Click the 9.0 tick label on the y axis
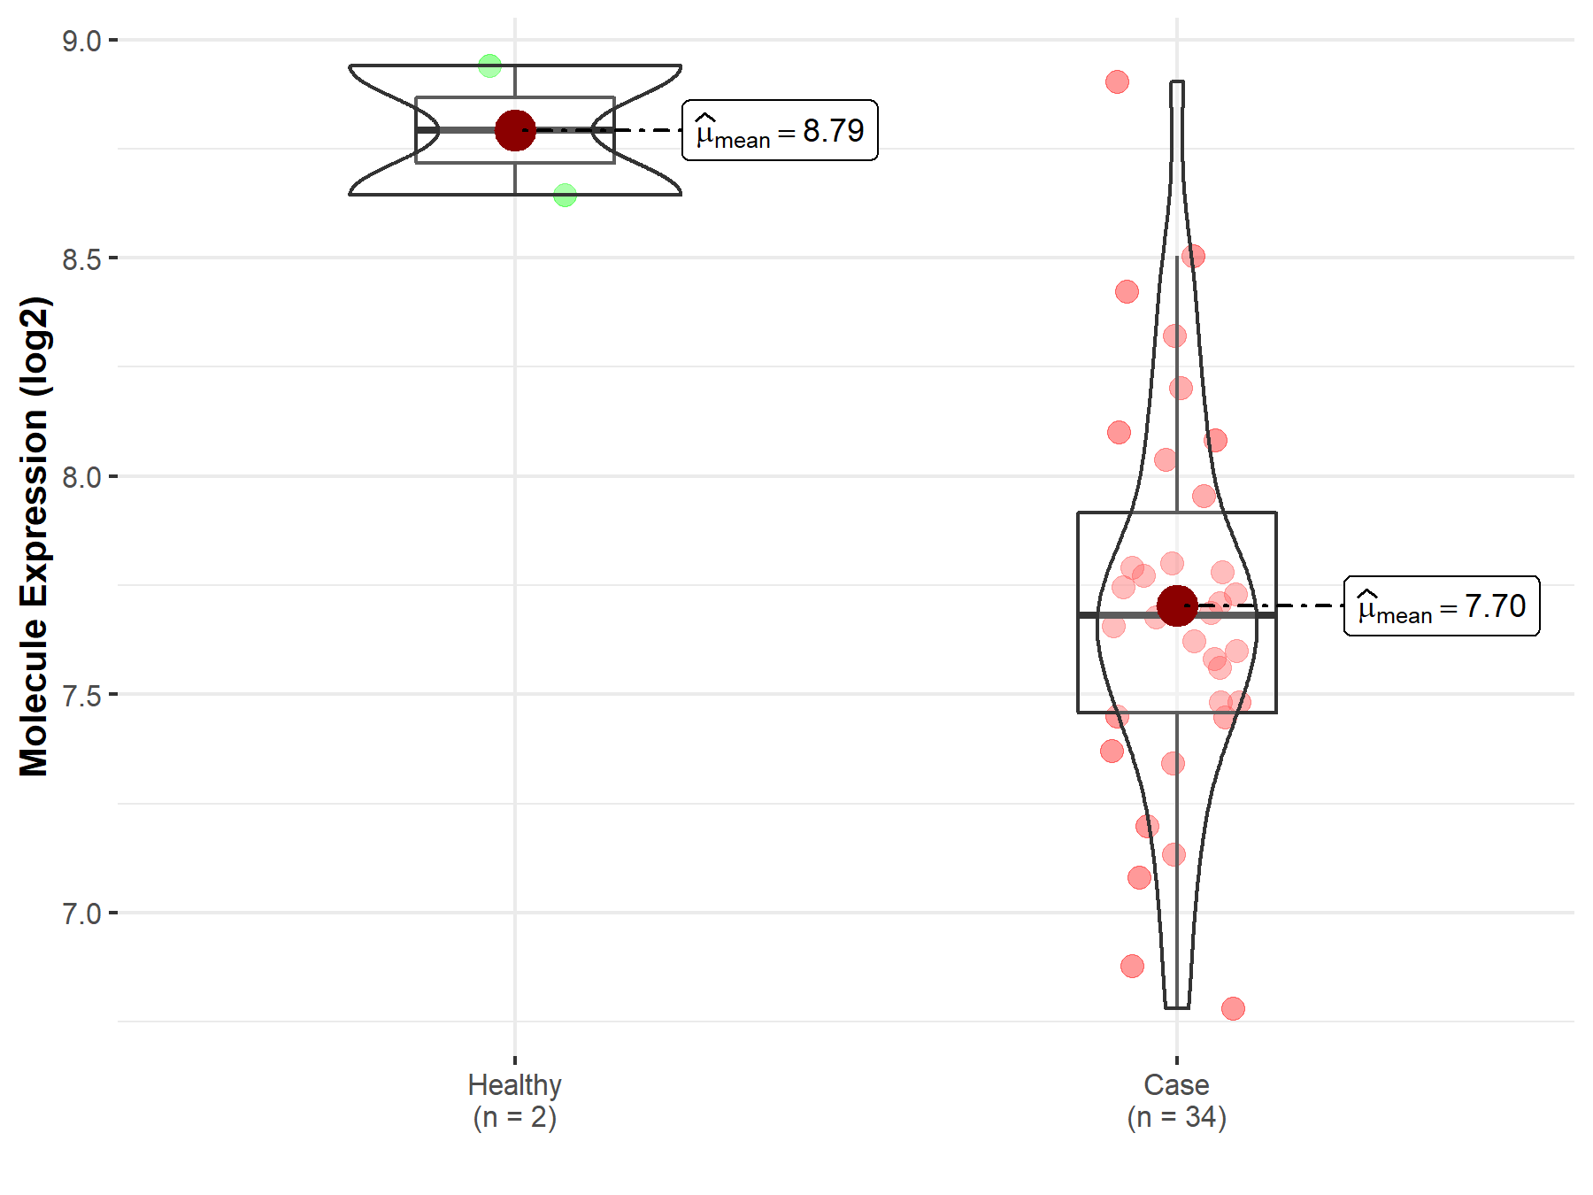point(81,41)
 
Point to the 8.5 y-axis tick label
point(81,258)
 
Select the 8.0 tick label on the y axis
point(81,477)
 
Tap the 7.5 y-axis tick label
point(81,695)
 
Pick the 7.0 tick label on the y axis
point(81,914)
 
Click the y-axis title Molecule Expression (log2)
point(35,536)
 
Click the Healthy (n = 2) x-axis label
point(515,1100)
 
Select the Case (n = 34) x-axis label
point(1177,1100)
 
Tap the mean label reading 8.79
point(780,130)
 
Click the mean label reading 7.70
point(1442,606)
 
